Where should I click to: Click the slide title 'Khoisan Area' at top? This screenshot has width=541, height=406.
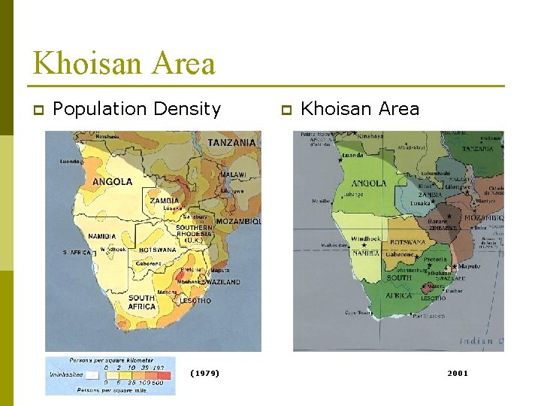tap(124, 63)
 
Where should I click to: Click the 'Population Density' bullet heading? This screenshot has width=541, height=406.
tap(137, 109)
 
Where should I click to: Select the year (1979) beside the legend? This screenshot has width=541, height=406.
tap(204, 373)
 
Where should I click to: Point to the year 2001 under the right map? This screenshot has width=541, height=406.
tap(457, 373)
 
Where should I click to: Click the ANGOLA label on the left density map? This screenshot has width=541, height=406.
tap(112, 181)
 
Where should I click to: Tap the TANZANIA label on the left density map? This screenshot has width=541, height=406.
tap(232, 142)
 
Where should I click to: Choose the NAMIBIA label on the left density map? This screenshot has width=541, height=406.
tap(102, 236)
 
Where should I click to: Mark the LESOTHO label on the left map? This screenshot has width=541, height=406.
tap(195, 301)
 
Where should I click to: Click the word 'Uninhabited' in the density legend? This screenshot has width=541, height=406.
tap(65, 374)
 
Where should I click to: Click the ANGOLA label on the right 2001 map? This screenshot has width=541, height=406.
tap(369, 183)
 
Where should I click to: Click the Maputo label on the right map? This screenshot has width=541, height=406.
tap(469, 266)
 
